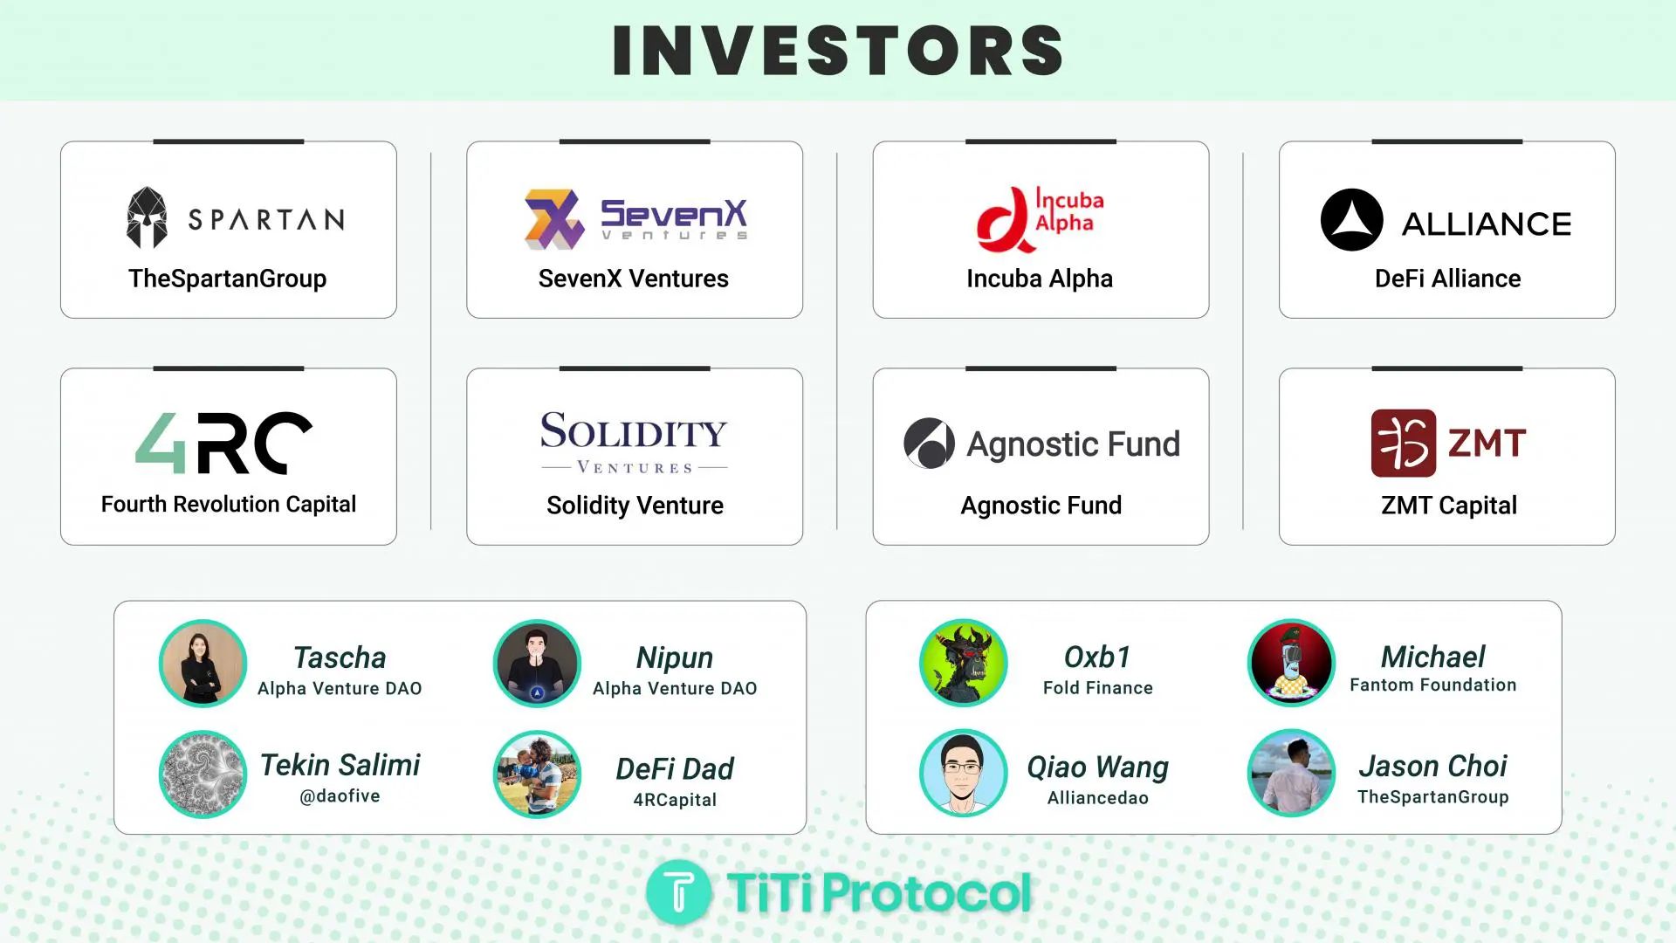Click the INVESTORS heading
point(838,51)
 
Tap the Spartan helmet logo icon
point(147,217)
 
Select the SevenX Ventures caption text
point(634,279)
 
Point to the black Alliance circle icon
point(1351,220)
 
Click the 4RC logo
point(223,443)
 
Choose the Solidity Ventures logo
point(635,442)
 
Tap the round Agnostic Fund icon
point(929,443)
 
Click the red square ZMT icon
point(1404,443)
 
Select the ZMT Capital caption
point(1449,506)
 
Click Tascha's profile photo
point(203,664)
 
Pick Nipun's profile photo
point(537,664)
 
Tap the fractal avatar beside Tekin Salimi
point(203,774)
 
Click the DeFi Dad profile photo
point(537,774)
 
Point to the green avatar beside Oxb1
point(964,663)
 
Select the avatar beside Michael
point(1291,663)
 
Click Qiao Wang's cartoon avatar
point(964,773)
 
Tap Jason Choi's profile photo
point(1291,773)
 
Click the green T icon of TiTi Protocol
point(679,892)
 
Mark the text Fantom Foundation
point(1433,685)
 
